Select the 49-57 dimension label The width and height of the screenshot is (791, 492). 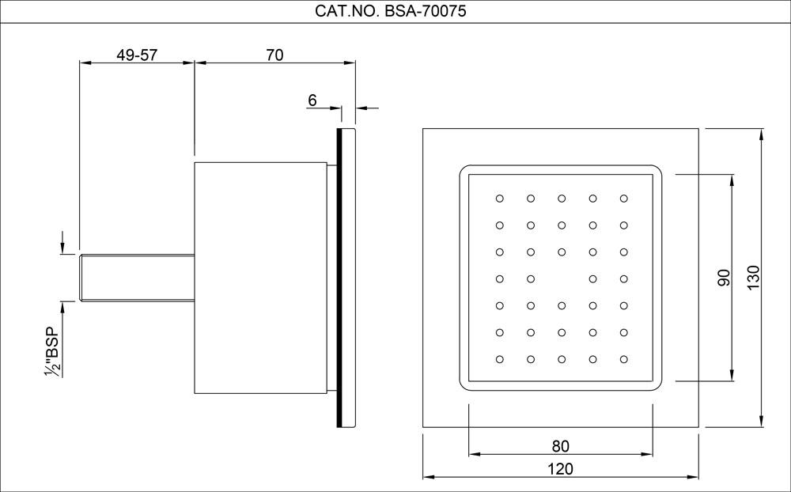pyautogui.click(x=136, y=55)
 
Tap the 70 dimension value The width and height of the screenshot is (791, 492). pyautogui.click(x=274, y=55)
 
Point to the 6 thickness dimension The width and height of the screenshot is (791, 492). pyautogui.click(x=312, y=100)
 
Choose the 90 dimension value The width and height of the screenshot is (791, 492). pyautogui.click(x=722, y=278)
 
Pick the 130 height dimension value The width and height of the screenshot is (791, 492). pyautogui.click(x=753, y=278)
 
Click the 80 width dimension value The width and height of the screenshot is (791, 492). pyautogui.click(x=561, y=445)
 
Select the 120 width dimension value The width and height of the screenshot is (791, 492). pyautogui.click(x=561, y=468)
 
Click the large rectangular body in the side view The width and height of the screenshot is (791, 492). pyautogui.click(x=260, y=278)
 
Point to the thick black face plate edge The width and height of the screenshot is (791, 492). pyautogui.click(x=340, y=278)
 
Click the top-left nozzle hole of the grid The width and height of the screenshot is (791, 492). pyautogui.click(x=499, y=198)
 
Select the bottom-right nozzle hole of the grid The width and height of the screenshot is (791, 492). pyautogui.click(x=624, y=358)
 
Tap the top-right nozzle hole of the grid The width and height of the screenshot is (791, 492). pyautogui.click(x=624, y=198)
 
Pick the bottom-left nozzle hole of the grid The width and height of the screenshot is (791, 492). pyautogui.click(x=499, y=358)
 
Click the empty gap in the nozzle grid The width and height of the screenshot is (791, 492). pyautogui.click(x=562, y=278)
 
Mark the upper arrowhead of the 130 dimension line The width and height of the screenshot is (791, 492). pyautogui.click(x=761, y=134)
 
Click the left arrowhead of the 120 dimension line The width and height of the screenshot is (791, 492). pyautogui.click(x=428, y=477)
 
